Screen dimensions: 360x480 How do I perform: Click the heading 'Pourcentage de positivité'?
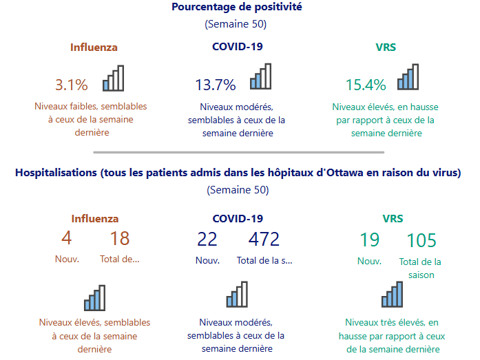point(237,8)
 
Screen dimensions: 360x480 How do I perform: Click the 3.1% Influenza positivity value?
point(72,85)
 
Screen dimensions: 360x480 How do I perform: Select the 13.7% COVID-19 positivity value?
point(216,85)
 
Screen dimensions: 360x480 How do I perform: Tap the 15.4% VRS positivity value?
point(366,85)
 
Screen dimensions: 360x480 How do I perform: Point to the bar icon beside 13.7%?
point(261,77)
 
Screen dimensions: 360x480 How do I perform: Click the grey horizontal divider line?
point(238,152)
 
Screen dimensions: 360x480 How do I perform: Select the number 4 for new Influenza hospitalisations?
point(67,239)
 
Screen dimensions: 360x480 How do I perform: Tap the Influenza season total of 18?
point(120,239)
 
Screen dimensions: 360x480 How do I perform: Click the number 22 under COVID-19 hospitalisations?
point(207,239)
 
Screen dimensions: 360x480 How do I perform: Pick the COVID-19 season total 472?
point(264,239)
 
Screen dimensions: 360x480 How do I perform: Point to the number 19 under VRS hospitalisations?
point(369,240)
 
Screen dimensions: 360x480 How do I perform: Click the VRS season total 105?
point(421,240)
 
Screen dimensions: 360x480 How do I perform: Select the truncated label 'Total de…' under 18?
point(120,260)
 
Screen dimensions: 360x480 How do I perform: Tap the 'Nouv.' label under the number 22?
point(207,260)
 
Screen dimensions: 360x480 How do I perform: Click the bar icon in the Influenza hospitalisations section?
point(94,298)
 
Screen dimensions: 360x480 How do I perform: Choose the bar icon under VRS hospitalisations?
point(392,294)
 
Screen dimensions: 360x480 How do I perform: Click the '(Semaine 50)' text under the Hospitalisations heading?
point(238,190)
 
